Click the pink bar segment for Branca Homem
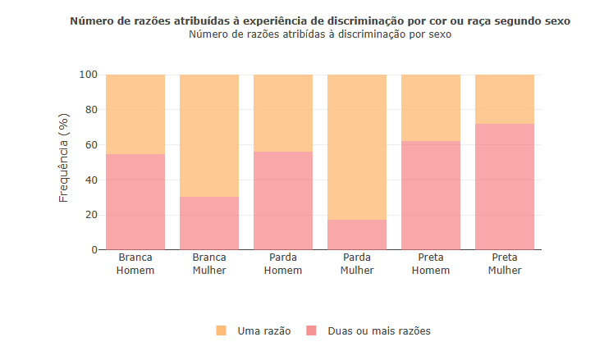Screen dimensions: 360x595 tap(135, 202)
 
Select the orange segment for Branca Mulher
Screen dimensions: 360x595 tap(209, 135)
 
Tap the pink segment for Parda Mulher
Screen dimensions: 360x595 tap(357, 235)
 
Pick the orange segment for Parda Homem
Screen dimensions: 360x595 tap(283, 113)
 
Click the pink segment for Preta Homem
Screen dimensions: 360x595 tap(431, 195)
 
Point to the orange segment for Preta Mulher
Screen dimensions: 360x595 tap(505, 99)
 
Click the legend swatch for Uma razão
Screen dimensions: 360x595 tap(221, 330)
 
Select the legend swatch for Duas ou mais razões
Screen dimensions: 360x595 tap(311, 330)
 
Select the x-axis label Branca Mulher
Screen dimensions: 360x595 tap(209, 263)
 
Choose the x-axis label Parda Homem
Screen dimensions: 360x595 tap(283, 263)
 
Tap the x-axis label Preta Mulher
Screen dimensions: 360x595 tap(505, 263)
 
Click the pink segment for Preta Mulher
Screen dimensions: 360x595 tap(505, 187)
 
